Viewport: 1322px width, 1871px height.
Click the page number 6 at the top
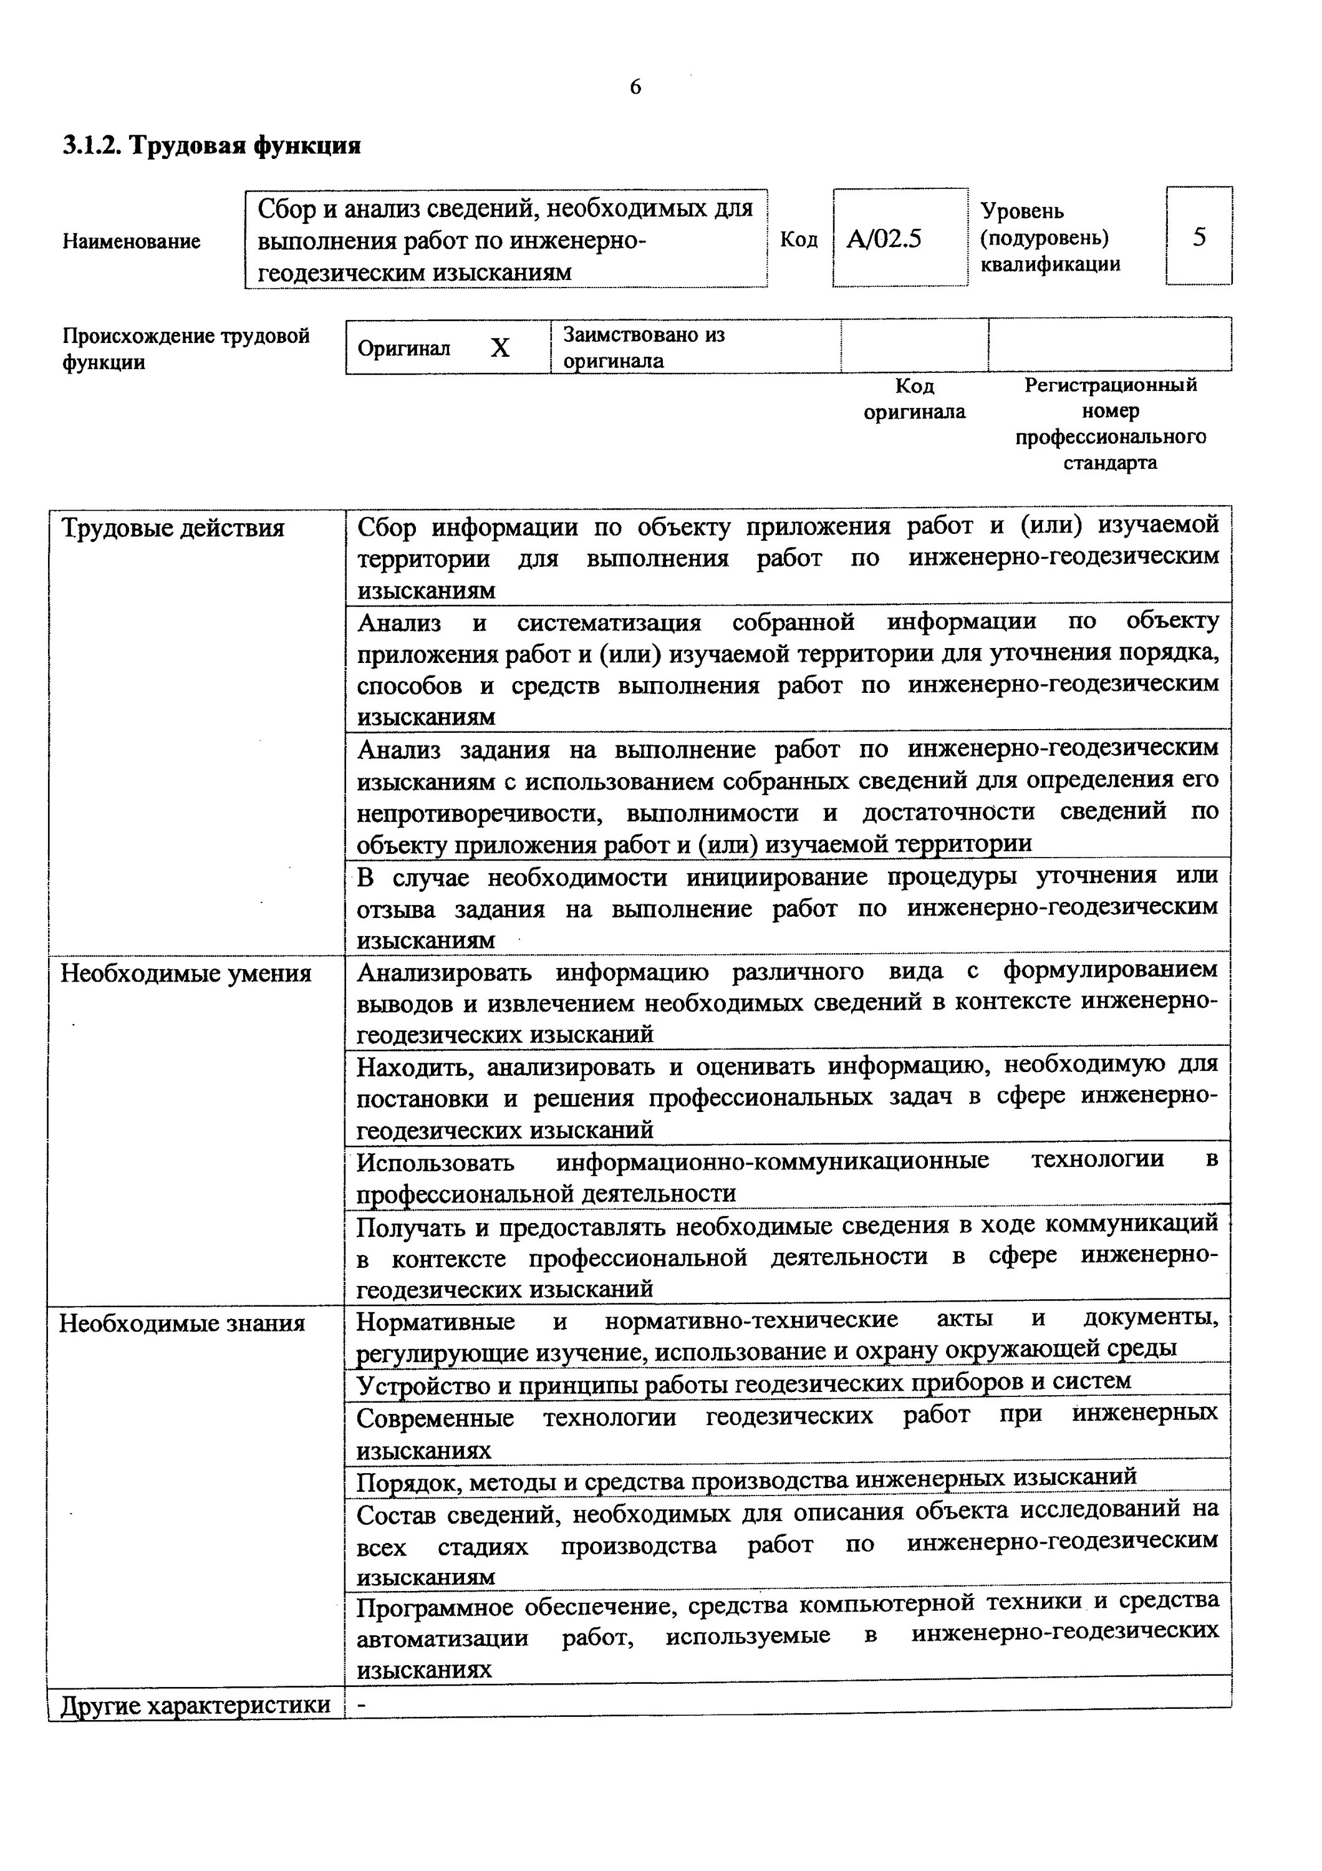point(635,87)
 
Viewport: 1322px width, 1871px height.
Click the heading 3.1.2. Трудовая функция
point(212,146)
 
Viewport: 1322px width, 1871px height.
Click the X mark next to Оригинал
point(500,348)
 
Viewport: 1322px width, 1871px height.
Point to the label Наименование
point(131,241)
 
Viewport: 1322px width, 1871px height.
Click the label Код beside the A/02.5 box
point(798,239)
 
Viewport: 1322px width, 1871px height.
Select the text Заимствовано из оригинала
point(644,347)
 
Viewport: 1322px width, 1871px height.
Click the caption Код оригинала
point(914,399)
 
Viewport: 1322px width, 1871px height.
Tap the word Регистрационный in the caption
point(1110,385)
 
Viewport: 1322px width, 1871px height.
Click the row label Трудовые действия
point(173,529)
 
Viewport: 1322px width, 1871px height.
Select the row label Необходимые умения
point(186,974)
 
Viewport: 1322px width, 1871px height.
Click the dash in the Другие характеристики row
point(362,1704)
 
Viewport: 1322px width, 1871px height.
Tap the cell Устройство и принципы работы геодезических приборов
point(744,1382)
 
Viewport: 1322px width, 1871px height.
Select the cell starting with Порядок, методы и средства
point(746,1477)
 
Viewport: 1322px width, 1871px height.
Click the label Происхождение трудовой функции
point(186,348)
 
